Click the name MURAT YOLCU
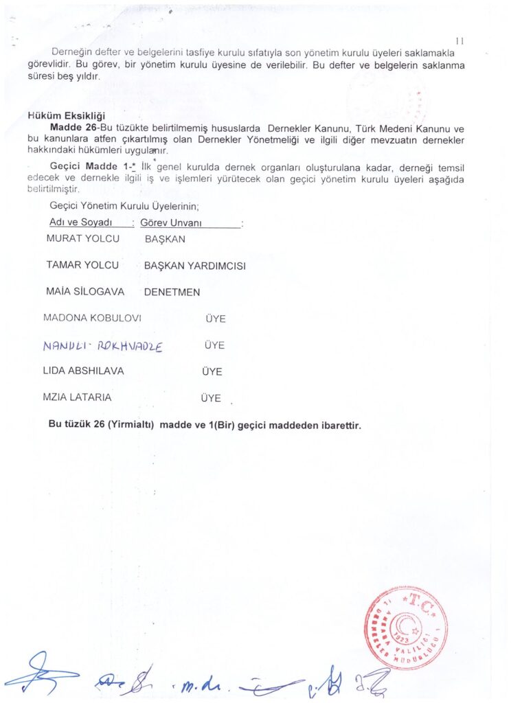click(x=82, y=239)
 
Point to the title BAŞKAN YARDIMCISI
click(x=195, y=266)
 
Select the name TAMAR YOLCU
click(x=82, y=265)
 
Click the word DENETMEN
click(x=172, y=292)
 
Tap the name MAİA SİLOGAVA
click(x=85, y=292)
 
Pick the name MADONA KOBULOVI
click(x=92, y=319)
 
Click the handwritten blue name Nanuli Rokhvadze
click(x=102, y=347)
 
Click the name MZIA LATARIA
click(x=77, y=397)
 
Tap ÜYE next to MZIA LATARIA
click(x=211, y=398)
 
